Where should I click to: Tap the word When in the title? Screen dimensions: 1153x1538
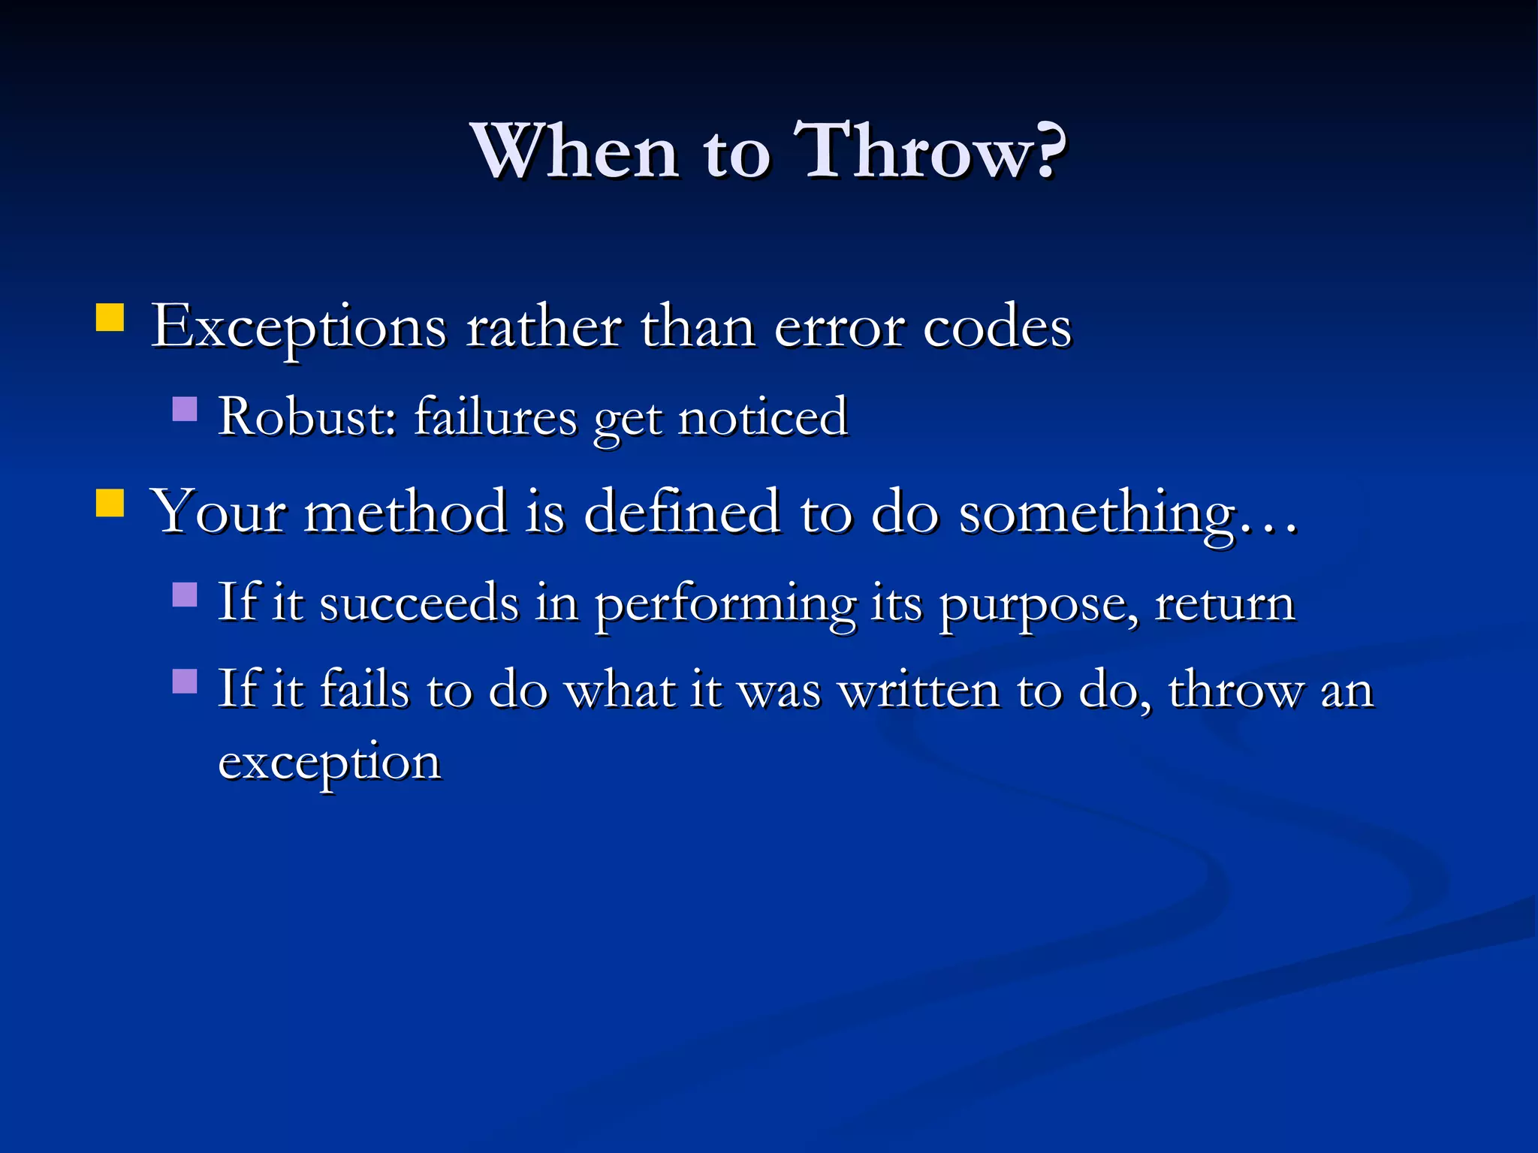click(x=575, y=152)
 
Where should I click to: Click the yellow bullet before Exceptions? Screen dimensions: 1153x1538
click(x=110, y=318)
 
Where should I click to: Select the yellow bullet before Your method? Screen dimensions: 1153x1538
click(x=110, y=503)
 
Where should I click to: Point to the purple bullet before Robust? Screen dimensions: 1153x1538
click(x=185, y=409)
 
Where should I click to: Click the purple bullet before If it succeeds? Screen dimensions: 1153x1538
click(x=185, y=595)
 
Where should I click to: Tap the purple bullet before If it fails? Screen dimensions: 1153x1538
click(x=185, y=681)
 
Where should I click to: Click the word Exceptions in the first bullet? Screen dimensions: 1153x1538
click(x=299, y=328)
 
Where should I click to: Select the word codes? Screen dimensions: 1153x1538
click(x=997, y=328)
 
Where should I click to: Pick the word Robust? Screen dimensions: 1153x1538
click(x=307, y=417)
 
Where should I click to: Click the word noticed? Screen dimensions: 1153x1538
click(x=763, y=417)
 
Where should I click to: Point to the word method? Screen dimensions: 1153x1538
click(x=406, y=512)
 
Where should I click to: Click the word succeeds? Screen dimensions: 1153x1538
click(x=419, y=602)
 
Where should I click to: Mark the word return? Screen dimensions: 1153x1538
click(x=1225, y=604)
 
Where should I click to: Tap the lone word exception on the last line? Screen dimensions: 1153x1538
click(x=329, y=763)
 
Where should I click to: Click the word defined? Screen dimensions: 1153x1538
click(x=681, y=512)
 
